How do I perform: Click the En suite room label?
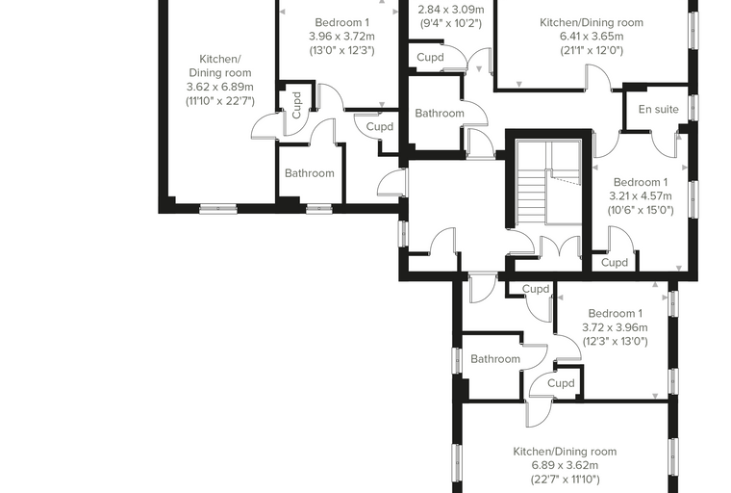tap(658, 109)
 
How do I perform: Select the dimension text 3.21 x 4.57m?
tap(641, 196)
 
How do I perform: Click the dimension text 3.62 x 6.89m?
tap(220, 87)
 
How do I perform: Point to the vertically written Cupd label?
tap(296, 105)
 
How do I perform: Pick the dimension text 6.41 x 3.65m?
tap(592, 37)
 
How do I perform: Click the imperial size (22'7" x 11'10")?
tap(565, 480)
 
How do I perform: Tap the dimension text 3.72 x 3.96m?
tap(615, 327)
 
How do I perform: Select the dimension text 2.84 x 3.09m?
tap(451, 10)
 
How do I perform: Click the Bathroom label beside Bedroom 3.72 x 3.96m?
tap(495, 359)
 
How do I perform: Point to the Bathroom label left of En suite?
tap(440, 113)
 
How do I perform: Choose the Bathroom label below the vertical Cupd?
tap(310, 173)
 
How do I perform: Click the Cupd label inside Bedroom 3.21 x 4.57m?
tap(615, 262)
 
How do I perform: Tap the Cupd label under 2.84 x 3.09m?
tap(430, 58)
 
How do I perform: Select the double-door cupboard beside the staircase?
tap(560, 252)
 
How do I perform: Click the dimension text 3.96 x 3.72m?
tap(342, 37)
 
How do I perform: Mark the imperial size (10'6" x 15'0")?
tap(641, 210)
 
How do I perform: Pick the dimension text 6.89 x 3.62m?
tap(565, 465)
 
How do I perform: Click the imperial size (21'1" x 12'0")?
tap(592, 50)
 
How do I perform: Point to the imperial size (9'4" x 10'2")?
tap(451, 23)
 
